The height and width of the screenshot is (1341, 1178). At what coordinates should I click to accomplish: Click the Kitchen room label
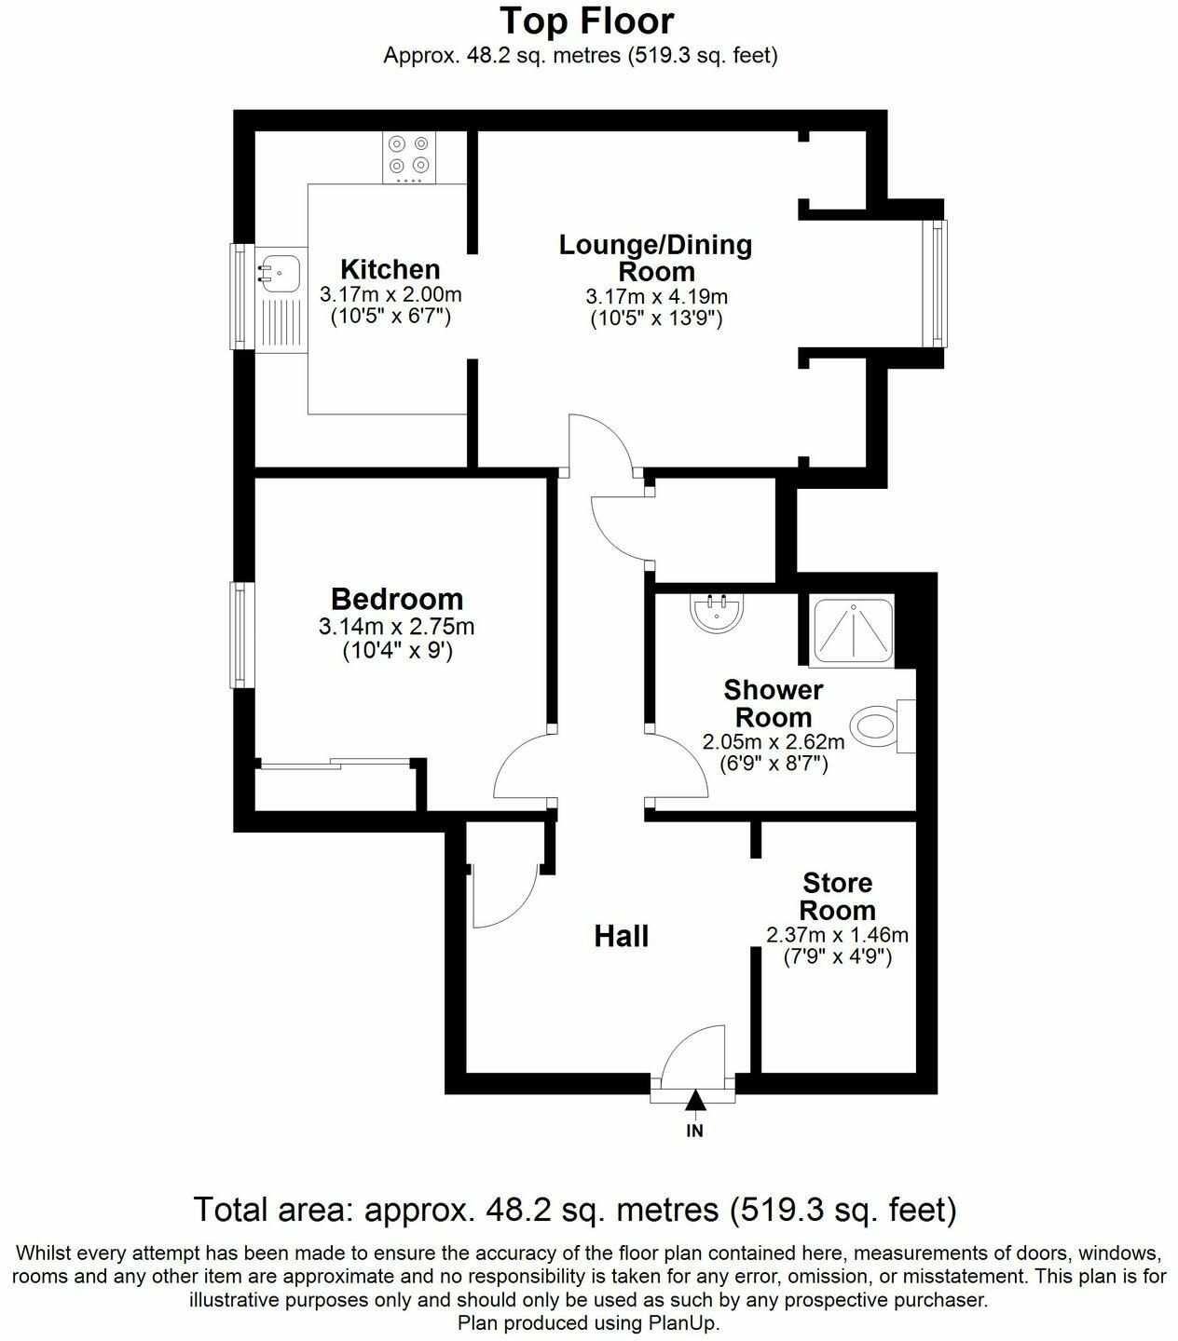[x=390, y=270]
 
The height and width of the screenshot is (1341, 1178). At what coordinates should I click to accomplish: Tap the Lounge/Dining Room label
[x=655, y=258]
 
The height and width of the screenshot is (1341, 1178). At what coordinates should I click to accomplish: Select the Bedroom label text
[x=397, y=599]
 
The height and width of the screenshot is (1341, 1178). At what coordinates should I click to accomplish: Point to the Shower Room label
[x=774, y=704]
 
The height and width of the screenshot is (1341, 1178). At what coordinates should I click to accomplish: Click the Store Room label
[x=837, y=896]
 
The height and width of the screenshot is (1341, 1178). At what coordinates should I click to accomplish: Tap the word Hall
[x=622, y=937]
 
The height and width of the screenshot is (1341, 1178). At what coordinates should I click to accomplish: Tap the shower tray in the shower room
[x=855, y=630]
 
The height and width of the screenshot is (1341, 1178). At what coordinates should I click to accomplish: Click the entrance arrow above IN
[x=694, y=1102]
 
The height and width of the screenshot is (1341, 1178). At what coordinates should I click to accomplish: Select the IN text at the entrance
[x=694, y=1131]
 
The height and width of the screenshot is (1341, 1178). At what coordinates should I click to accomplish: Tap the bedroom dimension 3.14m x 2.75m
[x=397, y=628]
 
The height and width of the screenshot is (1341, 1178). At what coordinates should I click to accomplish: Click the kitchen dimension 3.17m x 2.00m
[x=390, y=295]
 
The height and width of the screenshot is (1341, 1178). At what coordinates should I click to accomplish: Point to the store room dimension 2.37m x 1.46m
[x=837, y=935]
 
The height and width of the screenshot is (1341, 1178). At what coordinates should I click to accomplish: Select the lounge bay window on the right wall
[x=935, y=283]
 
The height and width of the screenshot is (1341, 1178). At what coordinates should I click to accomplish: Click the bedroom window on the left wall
[x=240, y=635]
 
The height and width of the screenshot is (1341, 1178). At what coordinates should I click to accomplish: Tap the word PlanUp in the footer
[x=688, y=1322]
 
